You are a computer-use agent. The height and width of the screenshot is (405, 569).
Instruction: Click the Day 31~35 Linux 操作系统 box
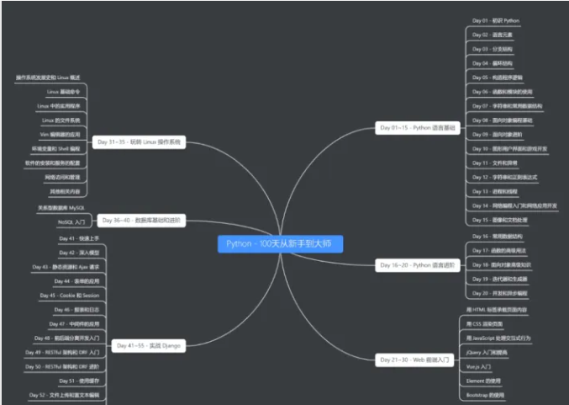pos(139,142)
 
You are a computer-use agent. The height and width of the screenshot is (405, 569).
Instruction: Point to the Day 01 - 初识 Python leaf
pos(496,19)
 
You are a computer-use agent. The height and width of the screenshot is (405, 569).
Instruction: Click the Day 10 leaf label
pos(509,148)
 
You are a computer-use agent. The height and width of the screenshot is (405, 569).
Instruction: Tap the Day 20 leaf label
pos(503,293)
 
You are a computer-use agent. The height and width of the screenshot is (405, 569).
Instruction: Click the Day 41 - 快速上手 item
pos(79,239)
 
